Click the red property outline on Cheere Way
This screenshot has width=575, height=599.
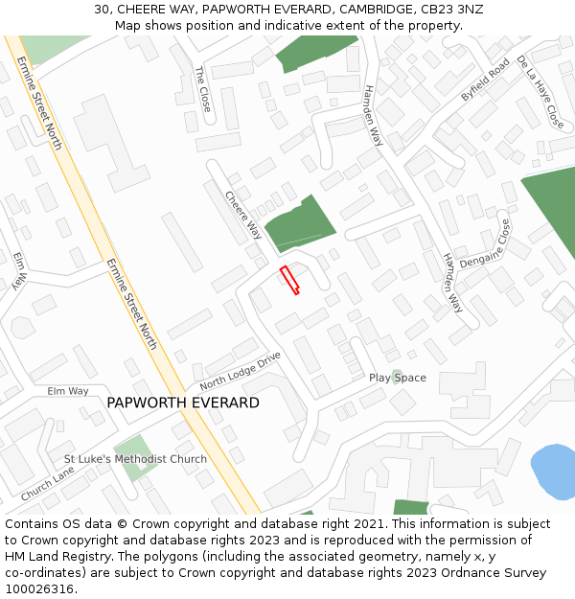click(288, 280)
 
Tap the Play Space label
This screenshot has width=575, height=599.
click(397, 378)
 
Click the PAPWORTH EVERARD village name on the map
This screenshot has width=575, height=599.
click(182, 403)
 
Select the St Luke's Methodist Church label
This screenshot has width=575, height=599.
click(135, 459)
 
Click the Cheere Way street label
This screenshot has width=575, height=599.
click(243, 215)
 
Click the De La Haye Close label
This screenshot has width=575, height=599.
click(540, 92)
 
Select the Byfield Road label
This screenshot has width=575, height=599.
click(485, 81)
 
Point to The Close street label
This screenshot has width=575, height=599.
click(202, 89)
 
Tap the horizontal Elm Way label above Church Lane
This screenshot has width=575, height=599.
click(68, 391)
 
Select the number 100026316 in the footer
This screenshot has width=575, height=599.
click(39, 588)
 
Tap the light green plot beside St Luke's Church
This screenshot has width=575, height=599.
click(132, 447)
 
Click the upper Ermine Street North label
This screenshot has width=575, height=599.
click(39, 102)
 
